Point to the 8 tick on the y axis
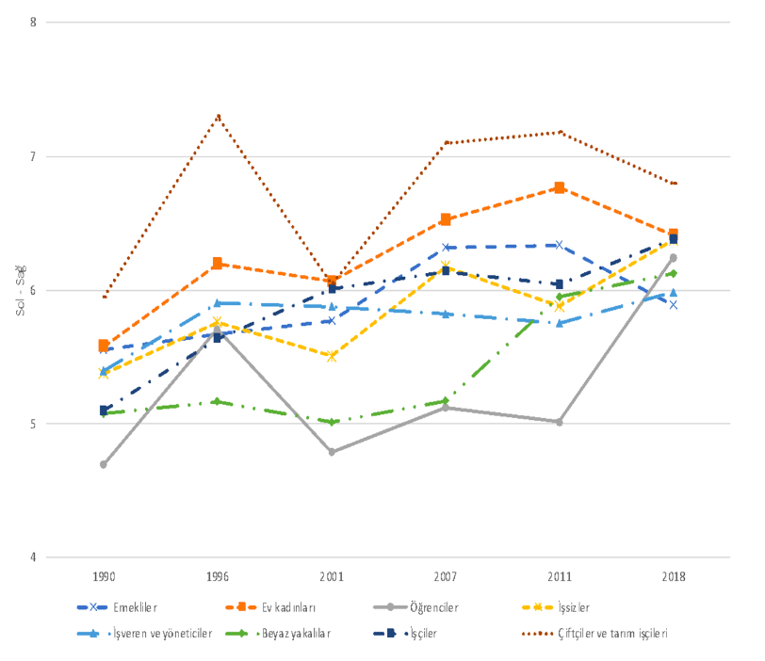(x=33, y=23)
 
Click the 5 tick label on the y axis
(x=33, y=424)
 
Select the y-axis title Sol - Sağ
(x=20, y=289)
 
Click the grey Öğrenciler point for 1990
(x=104, y=464)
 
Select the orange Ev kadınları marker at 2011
(x=559, y=188)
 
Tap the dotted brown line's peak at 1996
(x=218, y=116)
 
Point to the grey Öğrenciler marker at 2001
(x=332, y=452)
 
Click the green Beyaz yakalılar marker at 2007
(x=446, y=401)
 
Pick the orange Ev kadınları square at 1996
(x=218, y=264)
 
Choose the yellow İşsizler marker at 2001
(x=332, y=356)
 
